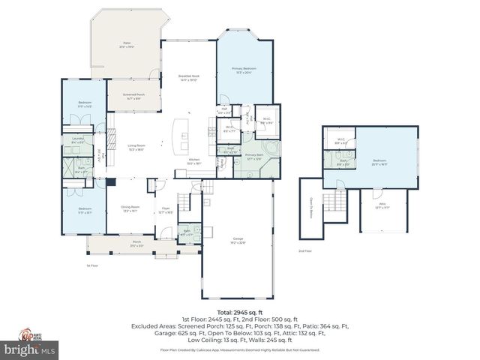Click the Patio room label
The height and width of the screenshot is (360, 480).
tap(127, 45)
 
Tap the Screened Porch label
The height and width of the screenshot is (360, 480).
tap(134, 96)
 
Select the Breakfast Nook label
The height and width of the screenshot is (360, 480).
tap(188, 77)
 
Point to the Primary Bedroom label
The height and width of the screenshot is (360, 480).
tap(244, 71)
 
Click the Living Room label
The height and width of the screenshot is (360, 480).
tap(136, 148)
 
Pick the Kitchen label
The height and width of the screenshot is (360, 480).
tap(193, 162)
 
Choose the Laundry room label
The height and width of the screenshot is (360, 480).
tap(77, 140)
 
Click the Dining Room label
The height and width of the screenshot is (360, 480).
tap(129, 210)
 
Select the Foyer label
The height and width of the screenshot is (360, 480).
tap(166, 212)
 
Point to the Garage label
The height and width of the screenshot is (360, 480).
tap(237, 241)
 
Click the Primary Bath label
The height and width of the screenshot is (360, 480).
tap(253, 157)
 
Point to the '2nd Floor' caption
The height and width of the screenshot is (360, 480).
tap(305, 250)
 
